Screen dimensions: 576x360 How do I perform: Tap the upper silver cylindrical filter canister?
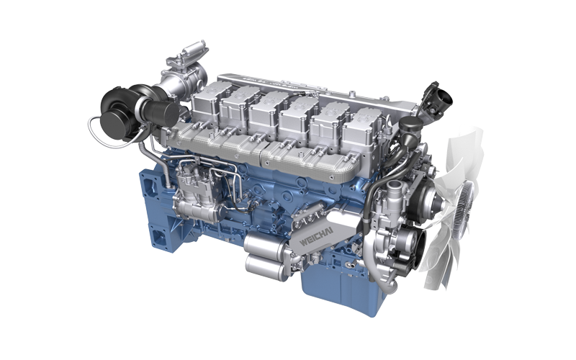pos(263,243)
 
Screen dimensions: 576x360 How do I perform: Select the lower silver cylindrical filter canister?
pos(264,266)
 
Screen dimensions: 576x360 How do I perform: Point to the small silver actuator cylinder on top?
pos(193,48)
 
